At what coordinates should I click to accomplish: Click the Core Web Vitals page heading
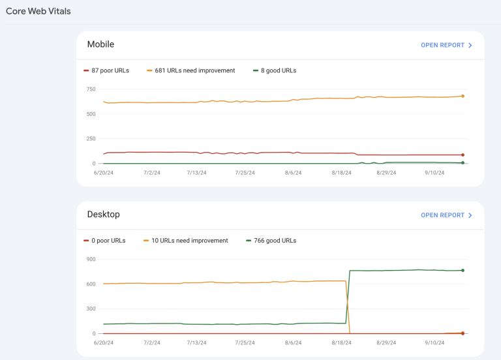(x=38, y=11)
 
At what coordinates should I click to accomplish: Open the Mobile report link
(x=446, y=45)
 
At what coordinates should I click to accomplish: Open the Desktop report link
(x=446, y=215)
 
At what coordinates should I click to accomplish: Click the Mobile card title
(x=100, y=44)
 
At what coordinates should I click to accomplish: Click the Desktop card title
(x=103, y=214)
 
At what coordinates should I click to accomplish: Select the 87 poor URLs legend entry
(x=106, y=70)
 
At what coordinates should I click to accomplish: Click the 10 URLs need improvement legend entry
(x=187, y=241)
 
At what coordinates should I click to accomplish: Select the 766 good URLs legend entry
(x=271, y=241)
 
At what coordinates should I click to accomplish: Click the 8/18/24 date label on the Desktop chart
(x=341, y=342)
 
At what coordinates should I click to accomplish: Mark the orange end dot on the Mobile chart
(x=463, y=97)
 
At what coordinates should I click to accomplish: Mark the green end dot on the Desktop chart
(x=463, y=270)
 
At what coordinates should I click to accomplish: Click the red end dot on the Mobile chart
(x=463, y=155)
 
